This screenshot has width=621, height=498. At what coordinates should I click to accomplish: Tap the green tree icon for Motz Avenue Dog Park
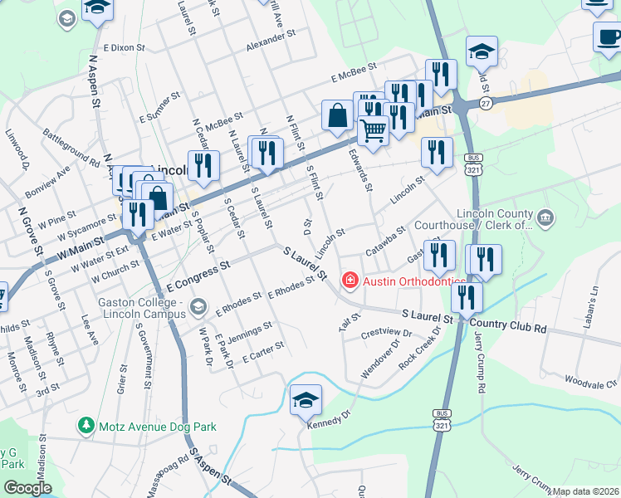tap(85, 426)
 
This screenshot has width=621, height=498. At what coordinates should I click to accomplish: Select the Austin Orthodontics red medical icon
tap(350, 281)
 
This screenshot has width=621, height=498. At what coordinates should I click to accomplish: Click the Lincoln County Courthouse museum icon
tap(545, 218)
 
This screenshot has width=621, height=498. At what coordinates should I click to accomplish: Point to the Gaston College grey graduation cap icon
tap(198, 309)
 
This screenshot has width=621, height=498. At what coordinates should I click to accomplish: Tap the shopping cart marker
tap(374, 129)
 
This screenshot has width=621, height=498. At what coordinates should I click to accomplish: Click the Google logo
tap(27, 488)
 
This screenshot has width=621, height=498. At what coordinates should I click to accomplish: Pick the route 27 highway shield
tap(485, 102)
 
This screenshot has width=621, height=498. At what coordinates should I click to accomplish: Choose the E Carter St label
tap(263, 352)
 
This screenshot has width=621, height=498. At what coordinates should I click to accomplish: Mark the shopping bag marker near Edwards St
tap(338, 117)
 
